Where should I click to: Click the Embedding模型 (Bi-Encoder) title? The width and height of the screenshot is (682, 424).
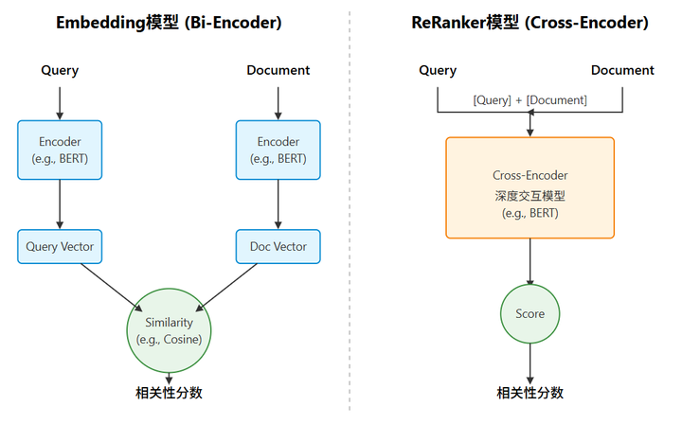(x=170, y=24)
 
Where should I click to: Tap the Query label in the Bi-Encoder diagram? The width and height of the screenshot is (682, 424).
(x=60, y=70)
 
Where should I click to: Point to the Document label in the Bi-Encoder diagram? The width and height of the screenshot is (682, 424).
(x=278, y=70)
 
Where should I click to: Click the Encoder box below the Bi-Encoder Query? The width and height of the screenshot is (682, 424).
(x=60, y=150)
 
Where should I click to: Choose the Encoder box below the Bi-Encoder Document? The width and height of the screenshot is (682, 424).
(x=278, y=150)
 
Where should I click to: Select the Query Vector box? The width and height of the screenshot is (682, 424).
(x=60, y=246)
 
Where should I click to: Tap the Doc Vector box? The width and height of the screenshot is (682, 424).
(x=278, y=246)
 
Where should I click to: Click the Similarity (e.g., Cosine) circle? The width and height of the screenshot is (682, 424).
(x=169, y=329)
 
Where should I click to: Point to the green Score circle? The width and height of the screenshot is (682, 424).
(x=529, y=313)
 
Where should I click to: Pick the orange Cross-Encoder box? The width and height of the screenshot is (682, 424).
(x=529, y=187)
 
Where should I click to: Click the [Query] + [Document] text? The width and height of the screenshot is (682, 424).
(x=529, y=100)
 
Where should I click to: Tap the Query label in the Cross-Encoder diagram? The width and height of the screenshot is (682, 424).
(x=437, y=70)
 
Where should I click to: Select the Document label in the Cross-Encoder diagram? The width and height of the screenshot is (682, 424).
(x=622, y=70)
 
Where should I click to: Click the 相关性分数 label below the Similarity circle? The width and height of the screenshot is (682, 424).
(x=169, y=393)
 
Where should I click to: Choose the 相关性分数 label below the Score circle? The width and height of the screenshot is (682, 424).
(x=529, y=393)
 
